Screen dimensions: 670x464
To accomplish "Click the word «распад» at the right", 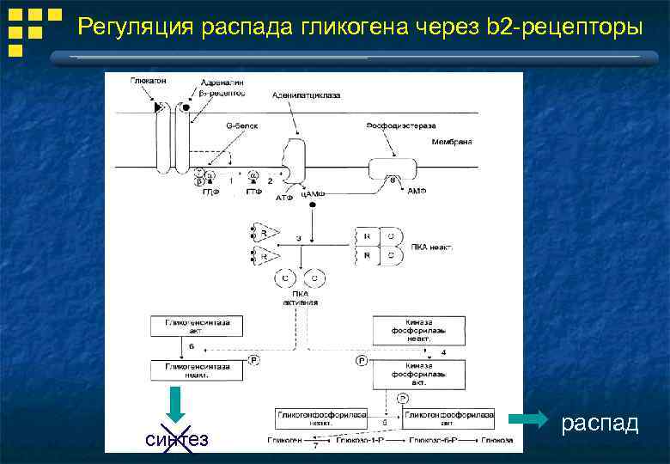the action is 600,423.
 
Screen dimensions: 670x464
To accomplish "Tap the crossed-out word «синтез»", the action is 177,439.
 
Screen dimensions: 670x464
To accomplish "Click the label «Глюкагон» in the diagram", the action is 149,80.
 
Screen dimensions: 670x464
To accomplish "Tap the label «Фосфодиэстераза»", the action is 392,125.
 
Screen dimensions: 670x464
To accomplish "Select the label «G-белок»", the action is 241,125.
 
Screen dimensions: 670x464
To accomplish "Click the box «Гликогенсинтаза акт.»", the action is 197,326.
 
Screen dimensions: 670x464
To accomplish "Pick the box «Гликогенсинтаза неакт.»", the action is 197,369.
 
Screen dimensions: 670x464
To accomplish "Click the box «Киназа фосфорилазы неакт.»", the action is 418,331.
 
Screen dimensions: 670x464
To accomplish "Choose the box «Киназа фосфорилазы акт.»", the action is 418,375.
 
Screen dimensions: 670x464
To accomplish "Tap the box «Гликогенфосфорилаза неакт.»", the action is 320,418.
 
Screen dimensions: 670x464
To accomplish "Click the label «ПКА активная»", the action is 300,297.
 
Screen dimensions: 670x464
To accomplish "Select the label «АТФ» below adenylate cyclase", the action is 284,198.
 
